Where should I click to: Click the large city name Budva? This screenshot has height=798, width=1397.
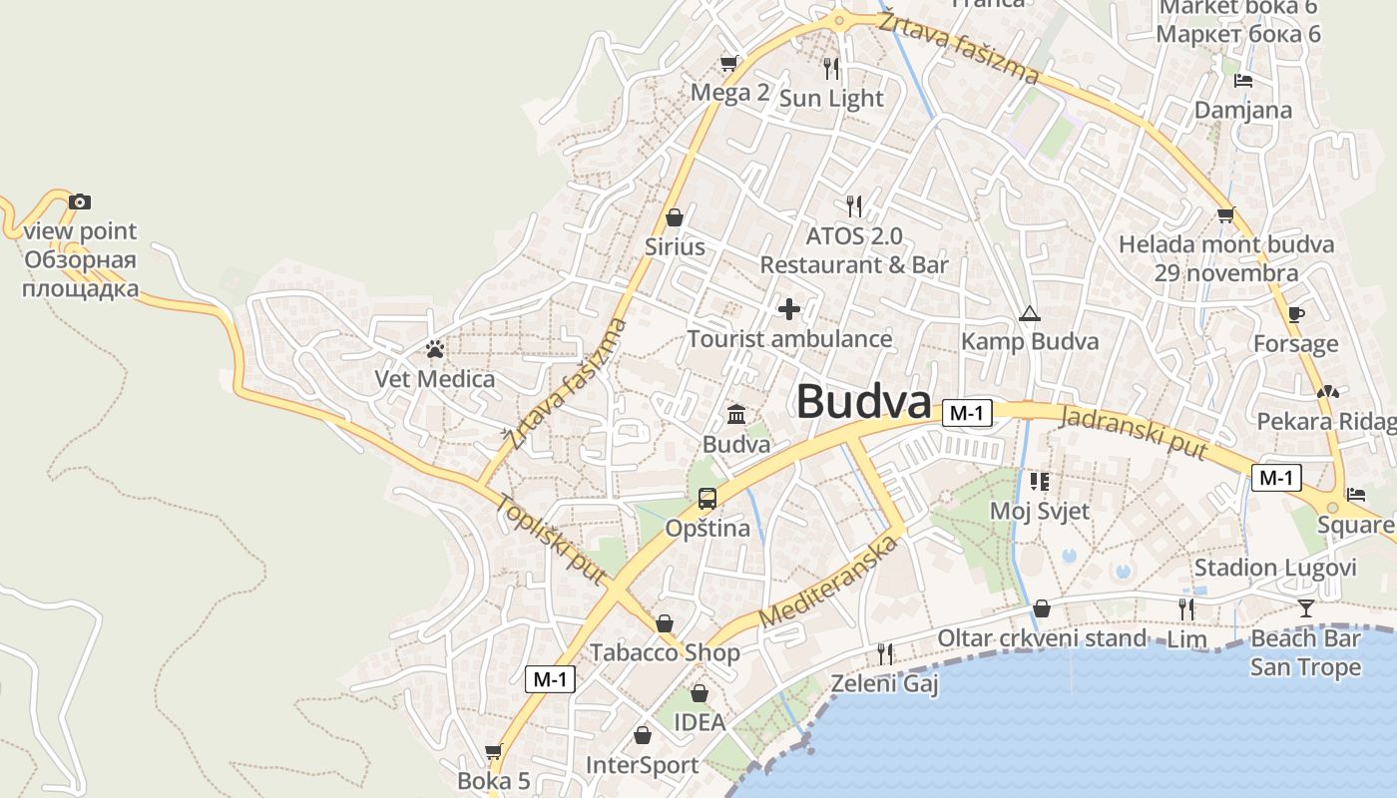pos(863,401)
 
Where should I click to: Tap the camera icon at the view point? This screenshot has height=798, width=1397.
pos(80,202)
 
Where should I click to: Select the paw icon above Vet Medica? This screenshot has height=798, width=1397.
pos(435,349)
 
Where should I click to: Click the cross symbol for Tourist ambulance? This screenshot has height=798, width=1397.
pos(789,309)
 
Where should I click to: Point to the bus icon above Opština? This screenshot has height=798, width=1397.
pos(707,498)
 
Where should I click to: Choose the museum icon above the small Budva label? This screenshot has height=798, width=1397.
pos(736,414)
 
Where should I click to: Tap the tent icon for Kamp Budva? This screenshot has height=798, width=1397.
pos(1029,314)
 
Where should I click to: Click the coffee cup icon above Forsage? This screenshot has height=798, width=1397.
pos(1295,315)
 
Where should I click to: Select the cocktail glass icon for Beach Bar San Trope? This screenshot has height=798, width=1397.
pos(1305,608)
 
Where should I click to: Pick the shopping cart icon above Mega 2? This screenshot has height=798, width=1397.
pos(729,64)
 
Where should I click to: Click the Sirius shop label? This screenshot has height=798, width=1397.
pos(675,246)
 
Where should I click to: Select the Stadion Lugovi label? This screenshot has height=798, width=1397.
pos(1275,568)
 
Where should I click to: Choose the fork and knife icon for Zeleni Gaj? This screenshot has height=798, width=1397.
pos(885,654)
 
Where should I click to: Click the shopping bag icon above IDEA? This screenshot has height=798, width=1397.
pos(699,692)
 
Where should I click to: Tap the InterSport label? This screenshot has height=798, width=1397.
pos(642,765)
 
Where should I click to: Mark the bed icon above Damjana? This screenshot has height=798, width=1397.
pos(1243,81)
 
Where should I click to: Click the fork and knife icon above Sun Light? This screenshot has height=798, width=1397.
pos(831,68)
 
